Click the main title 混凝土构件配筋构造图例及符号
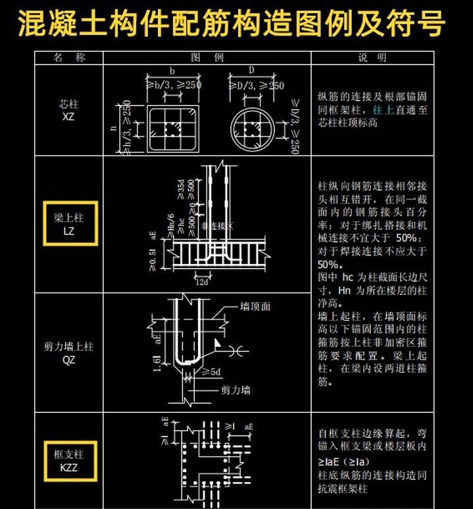231,24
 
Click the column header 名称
69,57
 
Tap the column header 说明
372,57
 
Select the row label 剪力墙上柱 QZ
69,353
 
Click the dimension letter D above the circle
251,70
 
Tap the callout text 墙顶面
255,306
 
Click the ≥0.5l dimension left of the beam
153,259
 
